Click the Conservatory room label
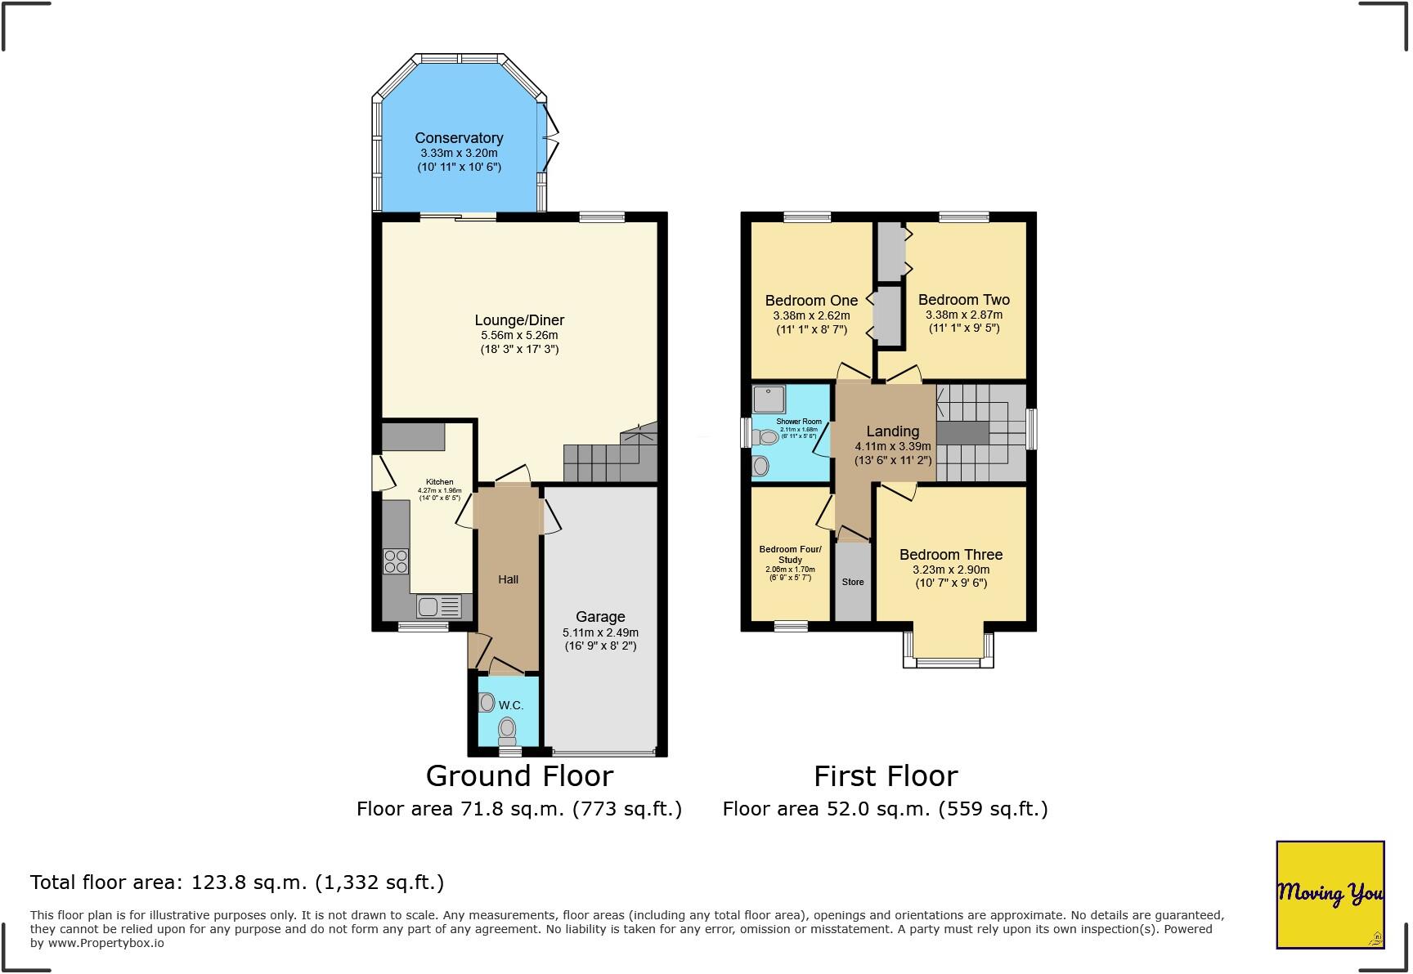pyautogui.click(x=458, y=138)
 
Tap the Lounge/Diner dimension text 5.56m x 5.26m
pyautogui.click(x=519, y=335)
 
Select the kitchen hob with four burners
pyautogui.click(x=396, y=561)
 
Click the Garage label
pyautogui.click(x=600, y=617)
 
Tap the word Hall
pyautogui.click(x=508, y=579)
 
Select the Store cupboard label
pyautogui.click(x=853, y=583)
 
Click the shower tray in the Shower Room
pyautogui.click(x=769, y=398)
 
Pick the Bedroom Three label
pyautogui.click(x=950, y=555)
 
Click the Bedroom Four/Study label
pyautogui.click(x=790, y=554)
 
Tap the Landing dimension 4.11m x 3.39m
pyautogui.click(x=892, y=446)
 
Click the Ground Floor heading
pyautogui.click(x=519, y=775)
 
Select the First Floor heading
pyautogui.click(x=885, y=775)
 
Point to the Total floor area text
pyautogui.click(x=237, y=882)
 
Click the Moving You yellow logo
pyautogui.click(x=1330, y=894)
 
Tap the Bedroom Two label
pyautogui.click(x=963, y=300)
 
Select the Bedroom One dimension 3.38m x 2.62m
pyautogui.click(x=810, y=315)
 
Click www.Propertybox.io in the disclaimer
pyautogui.click(x=105, y=943)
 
